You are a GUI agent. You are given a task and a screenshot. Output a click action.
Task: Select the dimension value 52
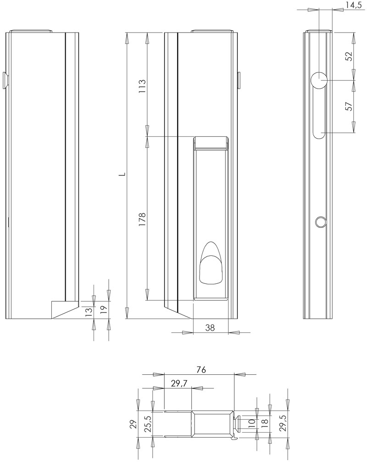tap(349, 56)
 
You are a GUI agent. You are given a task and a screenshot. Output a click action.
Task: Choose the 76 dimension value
tap(200, 369)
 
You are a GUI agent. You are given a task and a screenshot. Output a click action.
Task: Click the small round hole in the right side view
tap(320, 222)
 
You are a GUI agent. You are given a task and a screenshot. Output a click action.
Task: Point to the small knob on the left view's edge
tap(6, 80)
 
